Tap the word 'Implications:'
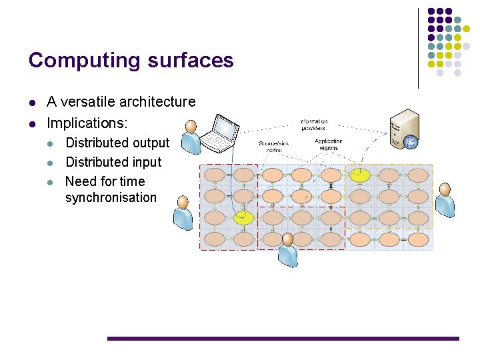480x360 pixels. point(87,123)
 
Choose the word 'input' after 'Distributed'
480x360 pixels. point(147,162)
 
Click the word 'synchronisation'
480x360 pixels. point(111,198)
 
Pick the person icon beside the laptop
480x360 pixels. point(191,137)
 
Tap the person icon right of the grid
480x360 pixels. point(445,198)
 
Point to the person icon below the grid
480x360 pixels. point(288,249)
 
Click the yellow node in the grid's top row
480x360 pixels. point(360,175)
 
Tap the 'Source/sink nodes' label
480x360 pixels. point(274,147)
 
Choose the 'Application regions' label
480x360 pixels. point(328,144)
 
